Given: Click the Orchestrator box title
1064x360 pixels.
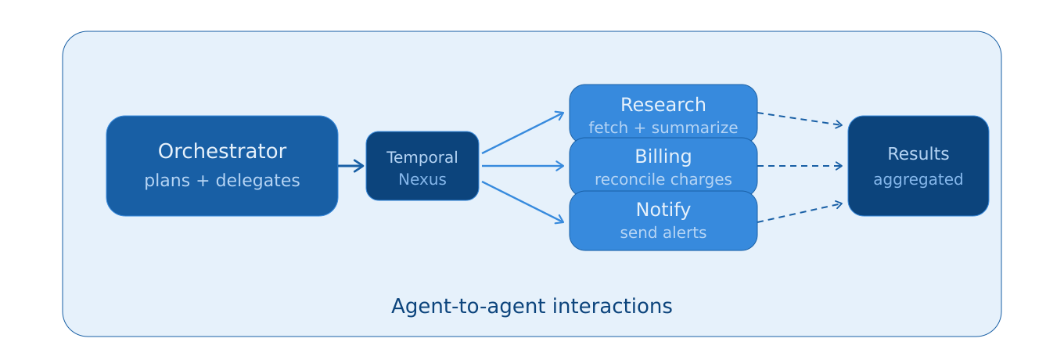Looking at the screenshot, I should (222, 152).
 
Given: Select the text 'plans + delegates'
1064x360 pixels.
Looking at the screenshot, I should (222, 181).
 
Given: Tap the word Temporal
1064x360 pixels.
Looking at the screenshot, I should (422, 158).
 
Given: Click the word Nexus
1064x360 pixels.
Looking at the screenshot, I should (422, 180).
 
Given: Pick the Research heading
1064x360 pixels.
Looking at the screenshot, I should (663, 105).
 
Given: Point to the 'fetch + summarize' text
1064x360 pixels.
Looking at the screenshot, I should (663, 128).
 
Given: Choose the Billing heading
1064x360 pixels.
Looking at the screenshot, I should (663, 157).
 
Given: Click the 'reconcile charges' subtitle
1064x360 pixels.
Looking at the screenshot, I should (663, 180).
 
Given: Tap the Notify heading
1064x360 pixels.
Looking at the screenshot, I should (663, 210).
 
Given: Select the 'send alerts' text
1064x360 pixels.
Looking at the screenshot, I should (663, 233).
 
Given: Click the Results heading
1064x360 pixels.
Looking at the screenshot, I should (918, 154).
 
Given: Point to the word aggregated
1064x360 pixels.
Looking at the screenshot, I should (918, 180).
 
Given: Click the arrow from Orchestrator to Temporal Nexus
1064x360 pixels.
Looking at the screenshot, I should (351, 166).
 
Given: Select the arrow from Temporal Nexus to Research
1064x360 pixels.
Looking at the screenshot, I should (523, 133).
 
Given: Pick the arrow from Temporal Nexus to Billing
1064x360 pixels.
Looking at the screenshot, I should (523, 166).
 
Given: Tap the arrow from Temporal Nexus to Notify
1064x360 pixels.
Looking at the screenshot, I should (523, 202).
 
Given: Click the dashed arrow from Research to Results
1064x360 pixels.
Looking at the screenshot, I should (800, 119).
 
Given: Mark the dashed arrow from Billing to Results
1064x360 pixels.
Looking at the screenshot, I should (800, 166).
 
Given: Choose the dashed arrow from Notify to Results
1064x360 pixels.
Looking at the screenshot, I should (800, 213).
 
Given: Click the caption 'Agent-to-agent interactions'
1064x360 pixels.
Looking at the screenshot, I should (532, 307).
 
